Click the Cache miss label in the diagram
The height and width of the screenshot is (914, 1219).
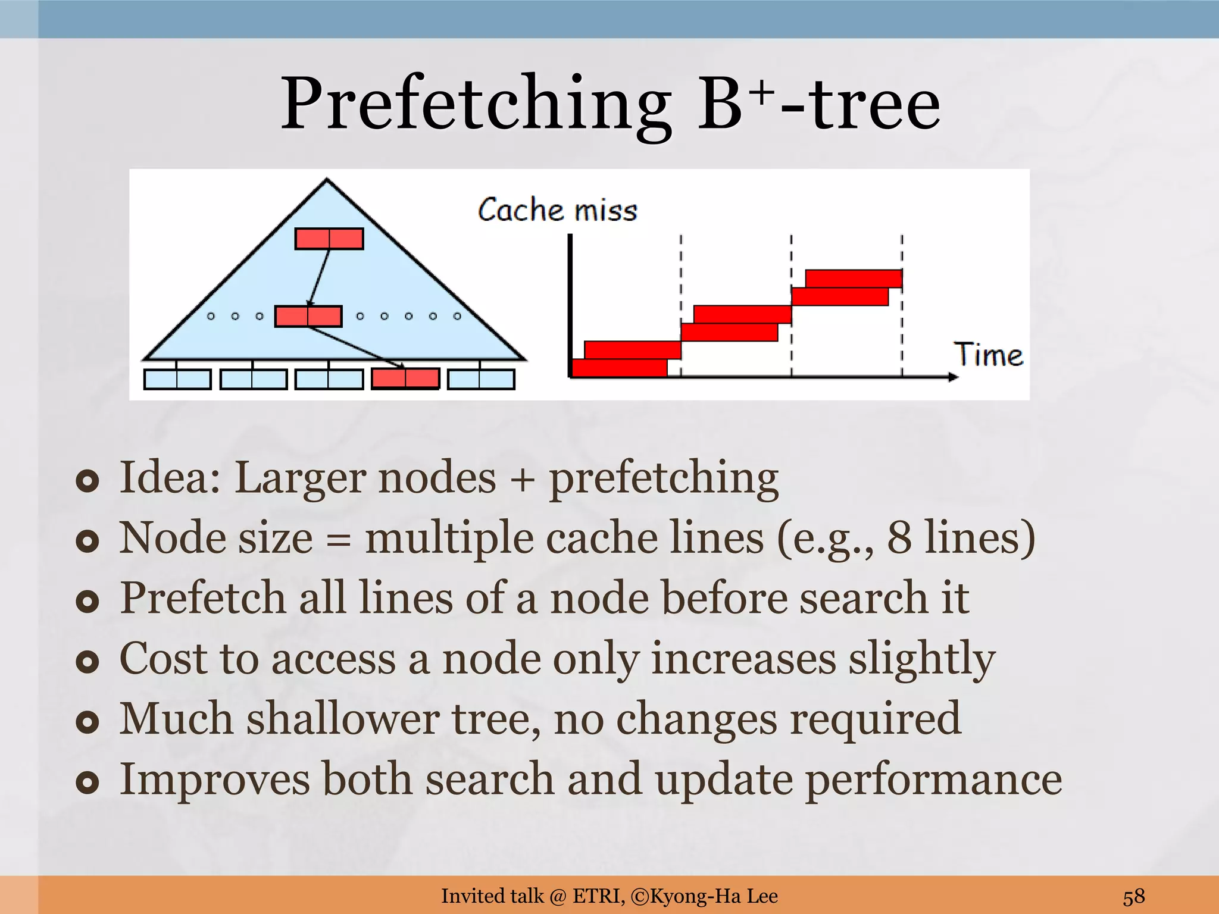coord(557,210)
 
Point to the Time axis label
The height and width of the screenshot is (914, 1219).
coord(988,355)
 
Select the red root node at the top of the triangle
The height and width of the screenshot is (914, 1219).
coord(329,239)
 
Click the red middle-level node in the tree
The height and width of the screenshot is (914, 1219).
coord(308,316)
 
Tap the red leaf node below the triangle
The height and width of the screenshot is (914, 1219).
coord(405,378)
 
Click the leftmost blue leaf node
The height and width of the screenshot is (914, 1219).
coord(177,379)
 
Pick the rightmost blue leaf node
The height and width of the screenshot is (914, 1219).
coord(481,379)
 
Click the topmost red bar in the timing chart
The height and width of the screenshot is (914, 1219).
coord(854,278)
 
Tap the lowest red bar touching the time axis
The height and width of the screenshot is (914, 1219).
coord(619,368)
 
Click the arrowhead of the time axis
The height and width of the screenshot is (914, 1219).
coord(952,377)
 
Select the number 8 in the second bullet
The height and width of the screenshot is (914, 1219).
coord(899,537)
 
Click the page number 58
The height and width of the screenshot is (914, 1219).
coord(1133,896)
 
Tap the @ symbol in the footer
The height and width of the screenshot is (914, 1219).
coord(558,896)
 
